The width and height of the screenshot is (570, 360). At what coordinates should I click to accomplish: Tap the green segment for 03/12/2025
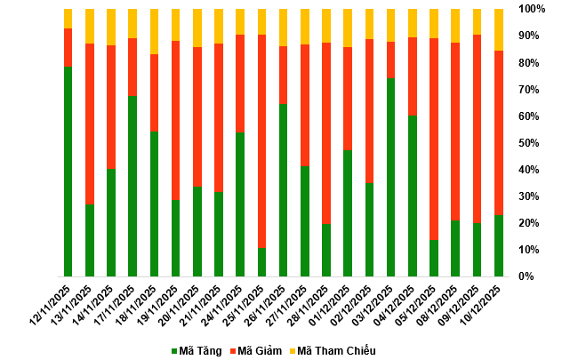point(390,177)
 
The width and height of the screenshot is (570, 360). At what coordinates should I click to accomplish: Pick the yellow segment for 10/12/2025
point(498,29)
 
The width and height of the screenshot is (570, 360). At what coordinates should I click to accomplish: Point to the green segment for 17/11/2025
point(132,186)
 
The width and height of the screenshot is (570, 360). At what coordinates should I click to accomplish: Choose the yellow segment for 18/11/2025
point(154,31)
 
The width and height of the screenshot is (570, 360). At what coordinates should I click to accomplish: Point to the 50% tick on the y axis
point(526,142)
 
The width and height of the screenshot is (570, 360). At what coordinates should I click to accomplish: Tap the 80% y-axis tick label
point(526,62)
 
